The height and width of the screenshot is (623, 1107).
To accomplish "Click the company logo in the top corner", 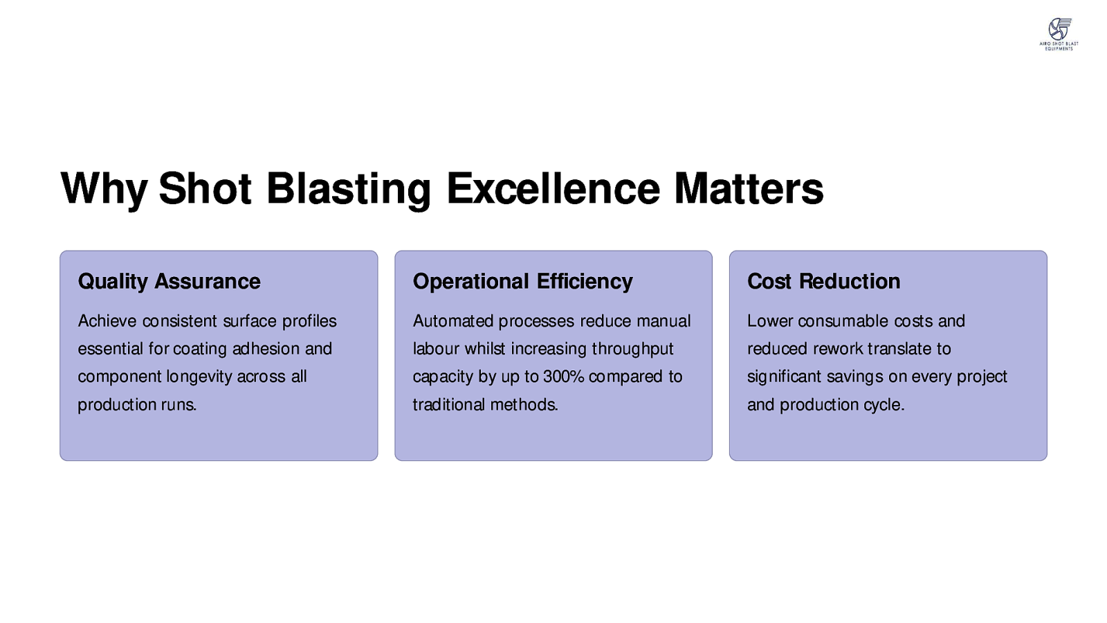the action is (x=1059, y=34).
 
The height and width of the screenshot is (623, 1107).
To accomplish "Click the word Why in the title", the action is (x=104, y=189).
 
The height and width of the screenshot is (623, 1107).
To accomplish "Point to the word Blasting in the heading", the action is (x=349, y=190).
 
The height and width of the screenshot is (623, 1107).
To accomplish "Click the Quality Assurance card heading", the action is (x=169, y=281).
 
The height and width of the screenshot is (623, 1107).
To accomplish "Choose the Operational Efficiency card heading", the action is (x=522, y=281).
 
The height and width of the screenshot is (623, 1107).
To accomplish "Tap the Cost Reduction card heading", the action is (x=823, y=281).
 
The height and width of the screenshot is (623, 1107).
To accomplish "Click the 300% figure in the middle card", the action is (x=563, y=377).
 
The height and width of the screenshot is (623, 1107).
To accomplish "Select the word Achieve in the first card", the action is (x=107, y=321).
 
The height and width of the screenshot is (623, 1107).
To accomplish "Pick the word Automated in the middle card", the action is (x=452, y=321).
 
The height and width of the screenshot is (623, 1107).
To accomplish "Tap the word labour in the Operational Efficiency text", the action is (x=436, y=349).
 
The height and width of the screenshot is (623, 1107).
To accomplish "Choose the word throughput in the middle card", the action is (x=632, y=350).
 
